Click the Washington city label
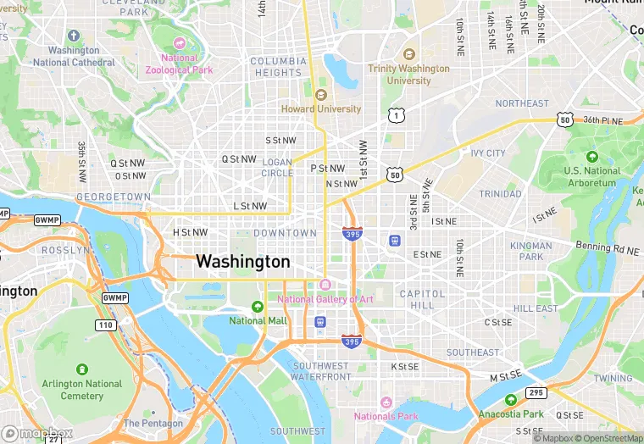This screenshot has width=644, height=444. pos(242,262)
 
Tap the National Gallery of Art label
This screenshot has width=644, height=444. pos(325,299)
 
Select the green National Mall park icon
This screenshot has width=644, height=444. pos(258,306)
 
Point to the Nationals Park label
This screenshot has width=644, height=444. pos(386,416)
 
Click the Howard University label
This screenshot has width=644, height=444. pos(321,108)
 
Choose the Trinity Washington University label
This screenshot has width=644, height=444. pos(408,74)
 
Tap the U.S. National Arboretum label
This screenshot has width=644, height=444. pos(591,176)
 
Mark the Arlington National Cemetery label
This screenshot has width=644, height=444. pos(81,389)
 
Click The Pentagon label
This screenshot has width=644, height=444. pos(153,423)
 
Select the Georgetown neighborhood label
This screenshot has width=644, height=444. pos(113,197)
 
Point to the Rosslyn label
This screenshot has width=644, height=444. pos(64,251)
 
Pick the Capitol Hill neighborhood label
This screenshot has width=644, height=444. pos(422,299)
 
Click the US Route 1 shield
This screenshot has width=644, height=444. pos(395,114)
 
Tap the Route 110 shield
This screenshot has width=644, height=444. pos(105,325)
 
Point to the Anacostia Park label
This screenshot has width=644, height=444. pos(511,413)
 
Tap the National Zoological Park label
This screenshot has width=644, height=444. pos(179,64)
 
